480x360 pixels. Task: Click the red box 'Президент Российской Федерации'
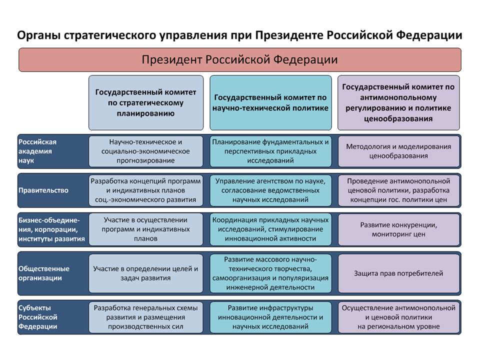click(240, 59)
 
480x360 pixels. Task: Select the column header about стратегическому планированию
click(145, 102)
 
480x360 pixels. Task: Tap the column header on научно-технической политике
click(270, 102)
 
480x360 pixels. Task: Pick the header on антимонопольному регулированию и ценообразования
click(398, 102)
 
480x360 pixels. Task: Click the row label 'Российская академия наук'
click(37, 151)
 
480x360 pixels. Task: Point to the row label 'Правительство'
click(43, 190)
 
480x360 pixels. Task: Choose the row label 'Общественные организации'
click(44, 273)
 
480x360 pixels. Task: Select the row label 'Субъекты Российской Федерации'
click(37, 317)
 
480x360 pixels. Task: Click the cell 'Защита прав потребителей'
click(398, 273)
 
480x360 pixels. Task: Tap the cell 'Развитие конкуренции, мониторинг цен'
click(398, 229)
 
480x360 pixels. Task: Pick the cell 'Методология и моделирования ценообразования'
click(398, 151)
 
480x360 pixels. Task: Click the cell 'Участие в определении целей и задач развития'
click(145, 273)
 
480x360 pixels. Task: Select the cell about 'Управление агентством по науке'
click(270, 190)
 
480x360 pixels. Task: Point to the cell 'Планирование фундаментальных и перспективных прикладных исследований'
click(270, 151)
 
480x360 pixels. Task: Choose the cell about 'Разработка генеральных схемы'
click(145, 317)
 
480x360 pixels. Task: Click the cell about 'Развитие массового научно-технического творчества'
click(270, 273)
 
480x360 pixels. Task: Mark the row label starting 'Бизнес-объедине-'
click(51, 229)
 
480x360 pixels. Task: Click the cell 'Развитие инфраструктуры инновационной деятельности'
click(270, 317)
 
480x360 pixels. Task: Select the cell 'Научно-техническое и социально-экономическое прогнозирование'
click(145, 151)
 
